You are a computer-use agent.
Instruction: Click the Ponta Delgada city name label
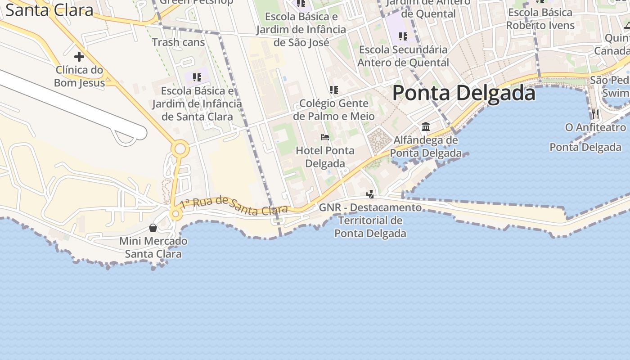[463, 93]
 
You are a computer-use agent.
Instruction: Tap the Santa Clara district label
[49, 10]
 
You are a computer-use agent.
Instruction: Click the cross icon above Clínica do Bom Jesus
[79, 57]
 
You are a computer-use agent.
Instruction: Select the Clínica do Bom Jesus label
[80, 76]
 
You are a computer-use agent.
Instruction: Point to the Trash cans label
[178, 42]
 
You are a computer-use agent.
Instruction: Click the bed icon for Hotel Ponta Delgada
[325, 137]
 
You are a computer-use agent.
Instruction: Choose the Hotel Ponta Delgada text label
[325, 157]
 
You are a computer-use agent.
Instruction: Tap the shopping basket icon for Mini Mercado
[153, 228]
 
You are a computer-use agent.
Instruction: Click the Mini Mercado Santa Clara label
[153, 247]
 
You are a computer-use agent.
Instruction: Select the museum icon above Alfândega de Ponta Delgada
[426, 126]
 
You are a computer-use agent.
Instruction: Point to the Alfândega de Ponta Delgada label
[426, 147]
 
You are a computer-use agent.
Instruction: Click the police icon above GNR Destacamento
[370, 194]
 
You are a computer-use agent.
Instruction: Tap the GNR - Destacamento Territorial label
[370, 220]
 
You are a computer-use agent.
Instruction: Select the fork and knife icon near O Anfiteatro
[595, 114]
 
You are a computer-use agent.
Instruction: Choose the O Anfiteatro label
[595, 128]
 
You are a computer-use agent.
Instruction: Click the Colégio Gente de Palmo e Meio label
[334, 110]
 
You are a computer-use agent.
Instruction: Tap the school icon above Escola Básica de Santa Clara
[197, 77]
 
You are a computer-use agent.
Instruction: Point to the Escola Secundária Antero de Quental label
[403, 56]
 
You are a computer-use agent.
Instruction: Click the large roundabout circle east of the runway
[180, 148]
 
